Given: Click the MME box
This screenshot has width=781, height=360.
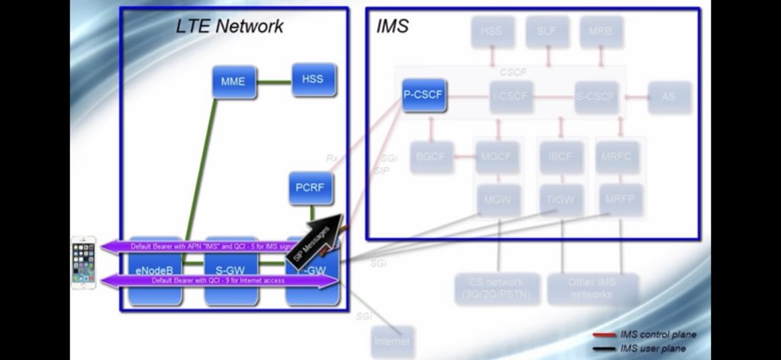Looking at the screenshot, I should coord(233,82).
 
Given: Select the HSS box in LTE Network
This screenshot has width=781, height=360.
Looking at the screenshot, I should coord(313,79).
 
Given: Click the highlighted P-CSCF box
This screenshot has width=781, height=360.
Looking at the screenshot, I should coord(423,95).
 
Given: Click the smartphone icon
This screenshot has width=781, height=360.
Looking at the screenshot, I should coord(84,262).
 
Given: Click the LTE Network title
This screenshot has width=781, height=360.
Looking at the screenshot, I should coord(230,26).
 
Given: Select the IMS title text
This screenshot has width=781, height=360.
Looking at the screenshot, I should coord(393,26).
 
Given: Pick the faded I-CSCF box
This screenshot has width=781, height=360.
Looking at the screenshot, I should coord(512,97).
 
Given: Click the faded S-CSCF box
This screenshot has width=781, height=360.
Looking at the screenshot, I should coord(596,97).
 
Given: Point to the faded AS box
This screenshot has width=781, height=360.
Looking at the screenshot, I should coord(669,97).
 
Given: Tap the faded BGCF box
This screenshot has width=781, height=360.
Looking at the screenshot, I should coord(430,157).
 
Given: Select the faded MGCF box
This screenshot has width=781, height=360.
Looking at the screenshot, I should coord(498,157).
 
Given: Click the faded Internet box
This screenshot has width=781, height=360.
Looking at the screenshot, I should coord(392,341).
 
